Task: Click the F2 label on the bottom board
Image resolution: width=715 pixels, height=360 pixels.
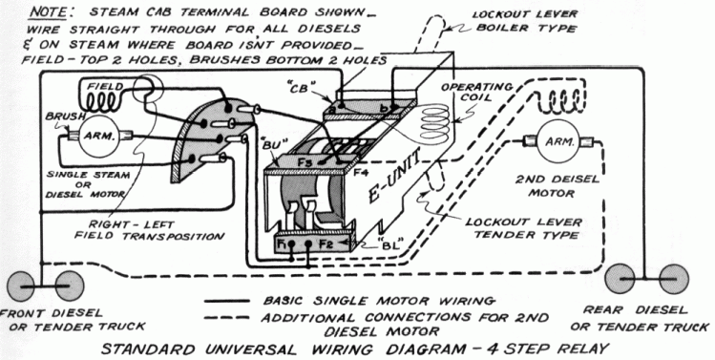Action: (x=326, y=244)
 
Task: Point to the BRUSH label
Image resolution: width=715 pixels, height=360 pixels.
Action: (x=59, y=116)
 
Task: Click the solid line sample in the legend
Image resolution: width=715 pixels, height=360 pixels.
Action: (x=226, y=301)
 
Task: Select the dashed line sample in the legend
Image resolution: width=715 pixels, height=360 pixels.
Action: (x=226, y=317)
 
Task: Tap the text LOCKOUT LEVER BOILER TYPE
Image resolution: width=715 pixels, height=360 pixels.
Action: (x=524, y=21)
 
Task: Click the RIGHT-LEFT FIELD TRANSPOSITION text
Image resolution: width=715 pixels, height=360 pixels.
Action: (x=150, y=230)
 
